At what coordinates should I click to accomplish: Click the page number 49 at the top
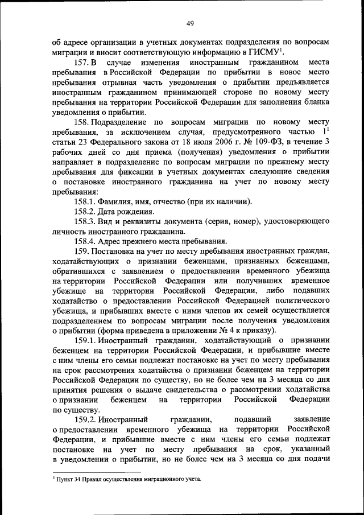[190, 23]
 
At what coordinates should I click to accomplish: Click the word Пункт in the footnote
[65, 480]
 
